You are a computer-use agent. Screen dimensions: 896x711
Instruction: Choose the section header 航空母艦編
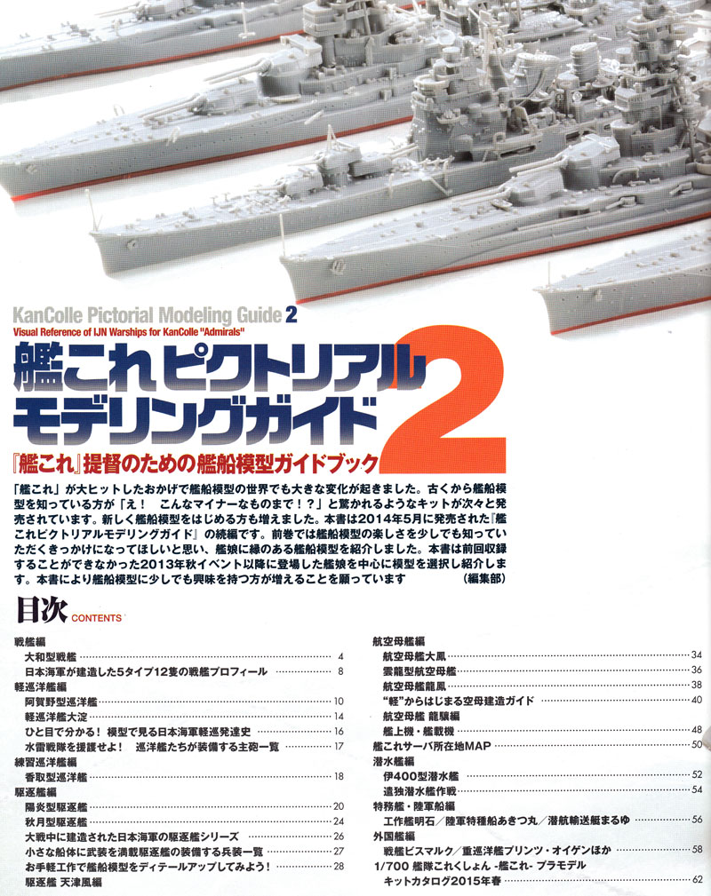click(x=398, y=640)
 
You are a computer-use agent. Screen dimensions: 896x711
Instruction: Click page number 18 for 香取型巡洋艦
click(x=339, y=776)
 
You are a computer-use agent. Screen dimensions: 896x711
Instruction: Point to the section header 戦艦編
click(x=31, y=641)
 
